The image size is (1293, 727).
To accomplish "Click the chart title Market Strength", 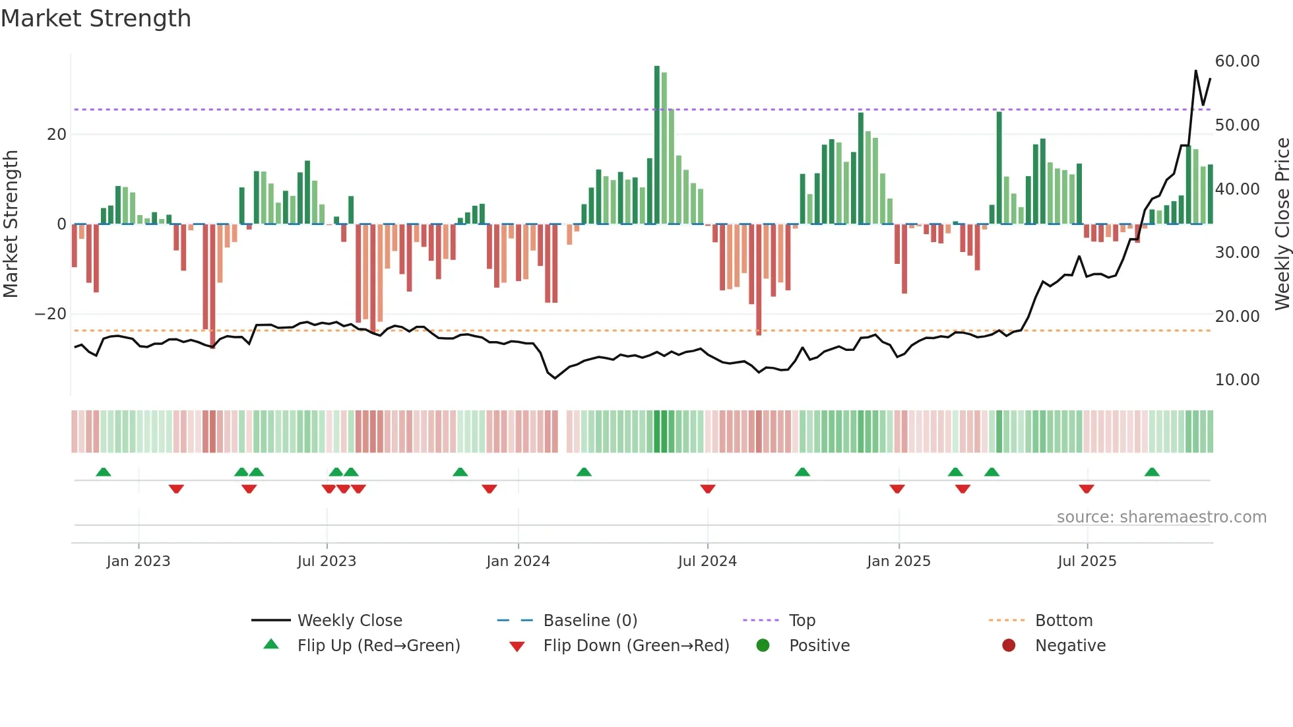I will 96,18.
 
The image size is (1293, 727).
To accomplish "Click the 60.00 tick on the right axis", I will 1237,61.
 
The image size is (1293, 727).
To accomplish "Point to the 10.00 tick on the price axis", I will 1237,380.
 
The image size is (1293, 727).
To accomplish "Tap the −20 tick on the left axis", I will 51,314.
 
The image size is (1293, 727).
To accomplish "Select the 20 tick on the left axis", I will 57,135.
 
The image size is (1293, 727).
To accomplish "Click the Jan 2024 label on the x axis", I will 518,561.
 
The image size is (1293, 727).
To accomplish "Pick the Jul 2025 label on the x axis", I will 1087,561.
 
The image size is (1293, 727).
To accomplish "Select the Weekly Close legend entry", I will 349,621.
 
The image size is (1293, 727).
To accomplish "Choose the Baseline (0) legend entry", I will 590,621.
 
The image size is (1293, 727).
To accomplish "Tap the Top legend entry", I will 802,621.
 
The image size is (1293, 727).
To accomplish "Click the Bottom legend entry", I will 1063,621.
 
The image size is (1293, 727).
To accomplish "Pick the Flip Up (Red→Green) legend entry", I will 378,646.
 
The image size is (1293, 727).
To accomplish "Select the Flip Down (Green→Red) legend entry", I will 636,646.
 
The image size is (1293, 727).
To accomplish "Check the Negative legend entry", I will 1069,646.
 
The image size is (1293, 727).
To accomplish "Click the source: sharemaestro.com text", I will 1161,517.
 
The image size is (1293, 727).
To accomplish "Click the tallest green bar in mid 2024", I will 657,145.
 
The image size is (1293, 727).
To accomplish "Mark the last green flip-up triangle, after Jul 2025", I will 1152,472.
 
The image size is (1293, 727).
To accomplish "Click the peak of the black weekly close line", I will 1195,71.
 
